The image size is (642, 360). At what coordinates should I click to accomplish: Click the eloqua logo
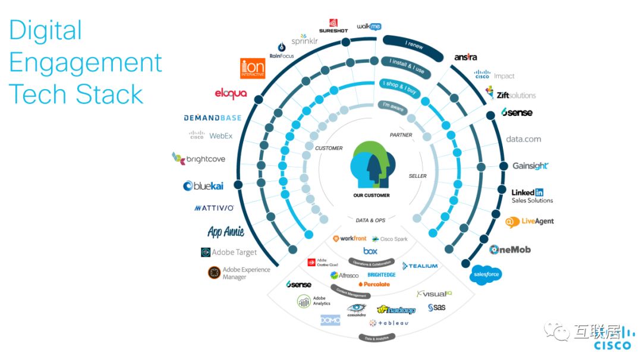(231, 94)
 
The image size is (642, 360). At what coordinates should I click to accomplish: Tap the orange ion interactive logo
(252, 68)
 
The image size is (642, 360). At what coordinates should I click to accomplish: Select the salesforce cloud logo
(485, 274)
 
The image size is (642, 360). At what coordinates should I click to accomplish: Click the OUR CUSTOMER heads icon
(371, 166)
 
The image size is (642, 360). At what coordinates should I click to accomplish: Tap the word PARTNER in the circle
(401, 135)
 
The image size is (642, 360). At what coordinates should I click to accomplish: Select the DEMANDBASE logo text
(213, 118)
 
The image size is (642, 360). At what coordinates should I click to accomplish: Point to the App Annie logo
(226, 231)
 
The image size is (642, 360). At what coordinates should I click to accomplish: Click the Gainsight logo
(530, 166)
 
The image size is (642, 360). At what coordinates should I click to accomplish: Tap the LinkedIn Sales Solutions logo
(531, 196)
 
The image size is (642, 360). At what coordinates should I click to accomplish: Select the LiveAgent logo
(529, 222)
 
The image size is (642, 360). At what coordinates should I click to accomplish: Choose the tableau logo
(389, 323)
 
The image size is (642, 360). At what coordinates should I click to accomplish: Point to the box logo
(370, 251)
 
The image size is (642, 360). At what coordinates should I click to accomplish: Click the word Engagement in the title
(86, 62)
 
